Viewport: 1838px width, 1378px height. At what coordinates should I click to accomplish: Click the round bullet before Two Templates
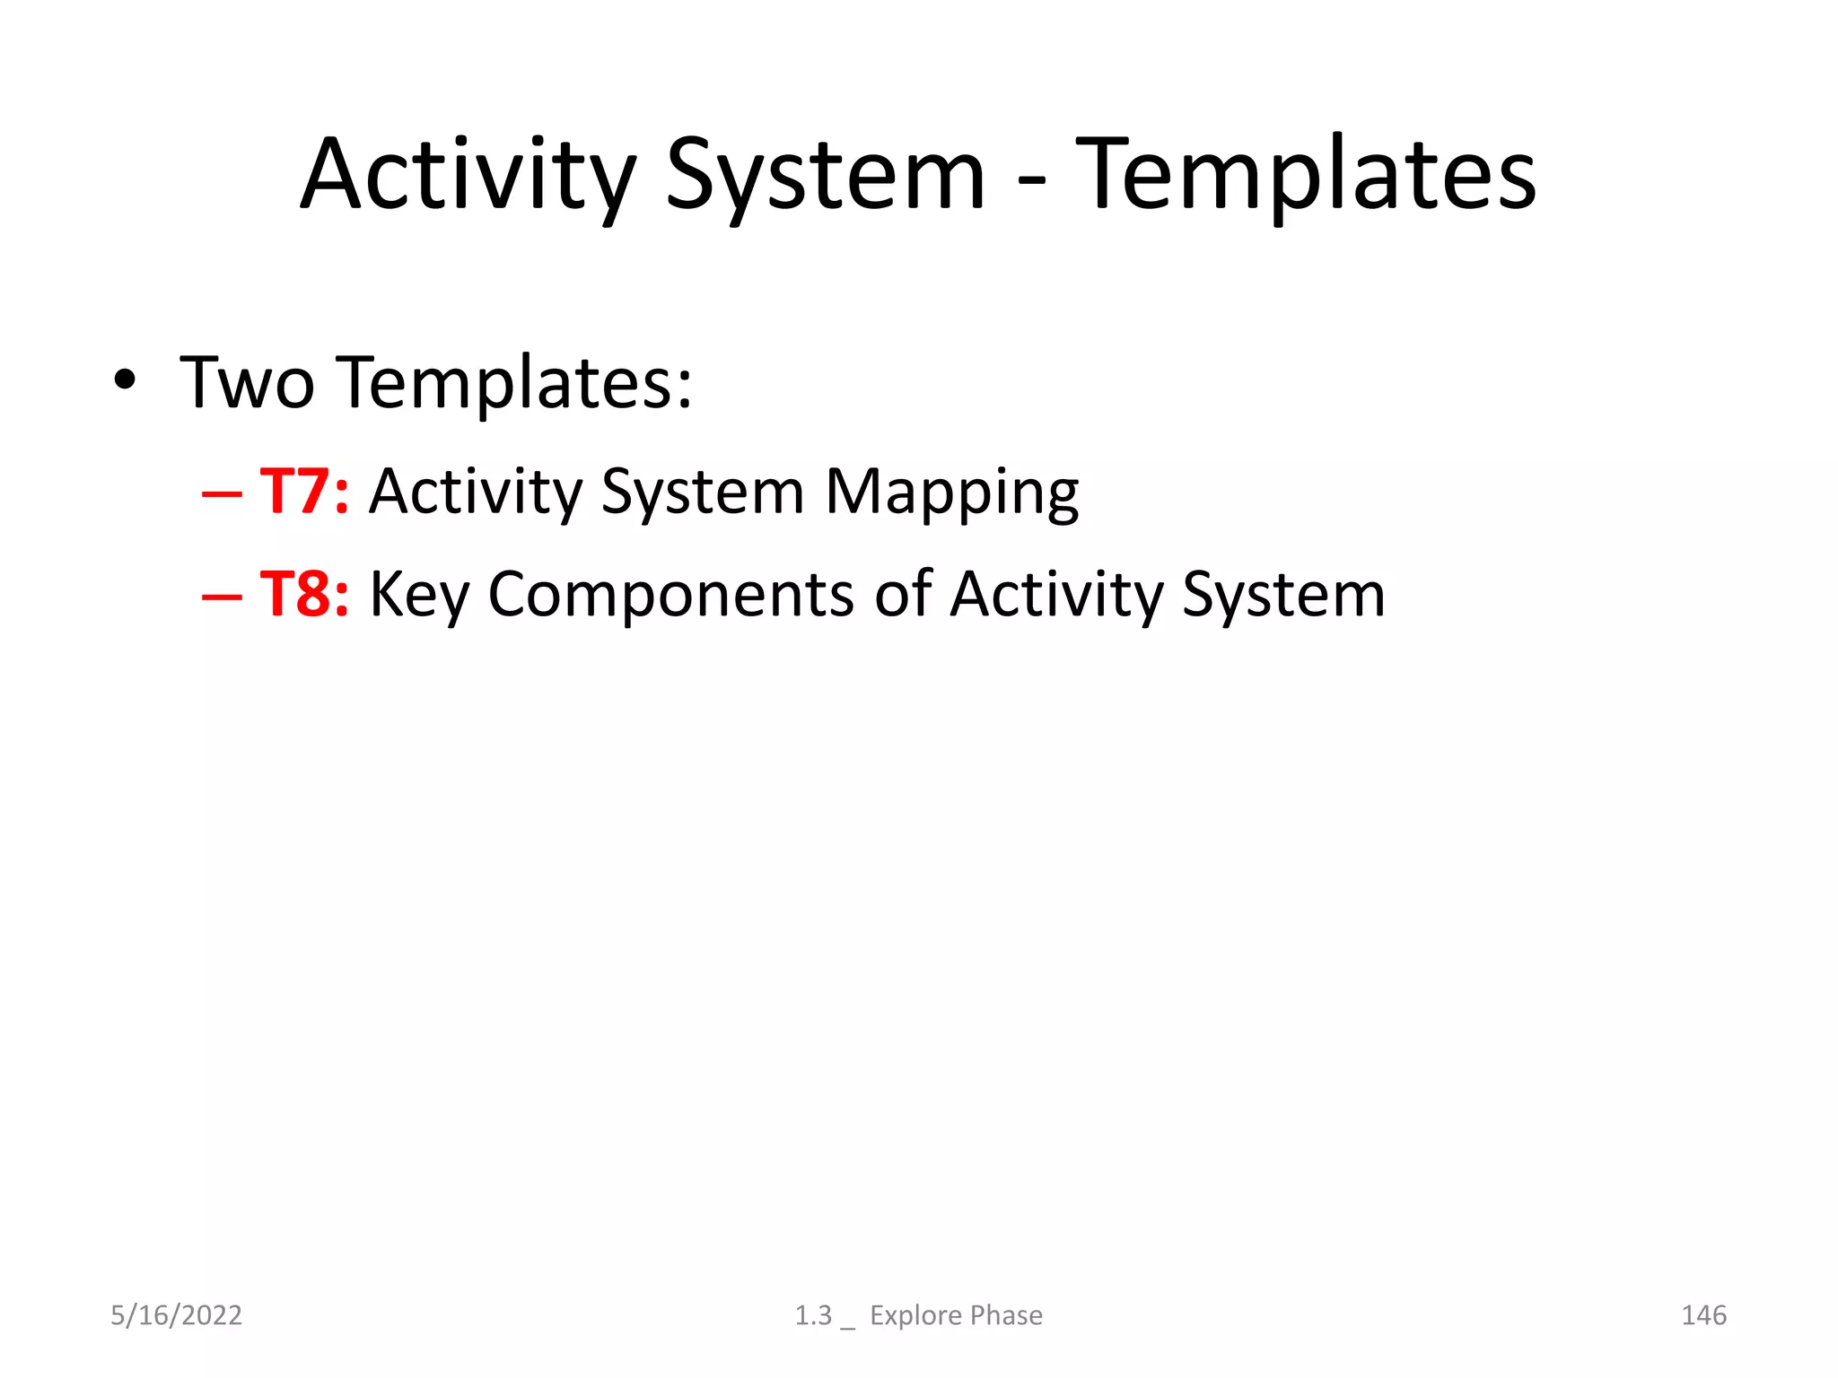point(125,381)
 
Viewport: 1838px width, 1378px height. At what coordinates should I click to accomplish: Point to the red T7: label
point(304,492)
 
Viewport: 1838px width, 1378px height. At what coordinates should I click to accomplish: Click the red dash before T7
point(222,494)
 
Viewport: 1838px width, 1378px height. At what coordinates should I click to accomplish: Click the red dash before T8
point(222,597)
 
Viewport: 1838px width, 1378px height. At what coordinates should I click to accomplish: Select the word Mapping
point(951,495)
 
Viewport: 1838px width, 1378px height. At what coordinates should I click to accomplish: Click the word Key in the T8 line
point(419,597)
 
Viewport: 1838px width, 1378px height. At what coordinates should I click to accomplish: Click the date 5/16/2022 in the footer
point(176,1315)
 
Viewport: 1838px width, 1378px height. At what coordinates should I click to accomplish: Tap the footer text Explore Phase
point(956,1315)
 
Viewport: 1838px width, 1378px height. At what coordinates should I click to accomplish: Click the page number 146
point(1703,1315)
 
